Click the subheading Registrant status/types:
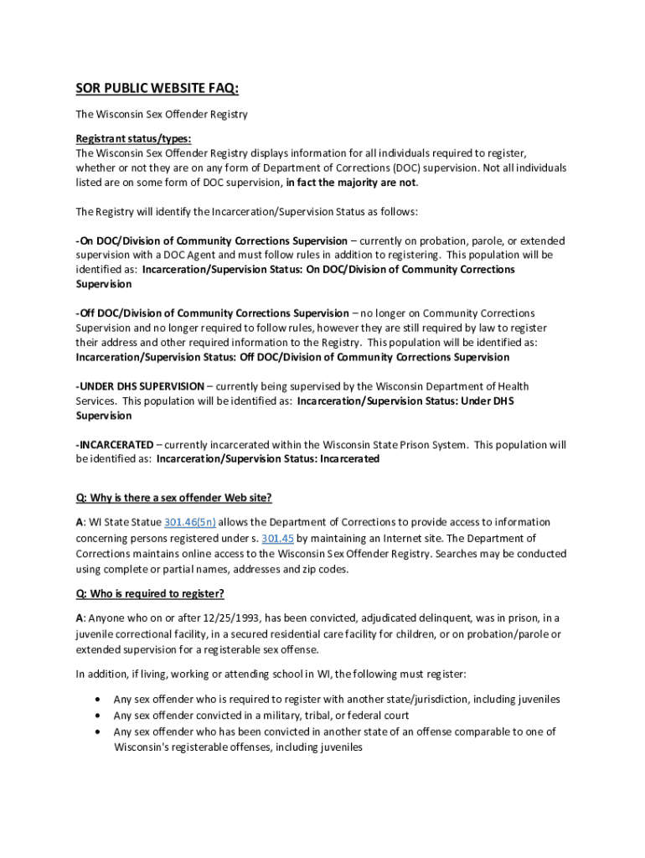pyautogui.click(x=133, y=138)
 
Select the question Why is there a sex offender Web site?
pyautogui.click(x=173, y=498)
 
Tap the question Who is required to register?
pyautogui.click(x=150, y=594)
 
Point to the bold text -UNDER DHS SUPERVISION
pyautogui.click(x=140, y=386)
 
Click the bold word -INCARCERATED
pyautogui.click(x=115, y=444)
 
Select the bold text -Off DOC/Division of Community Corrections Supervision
pyautogui.click(x=213, y=313)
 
